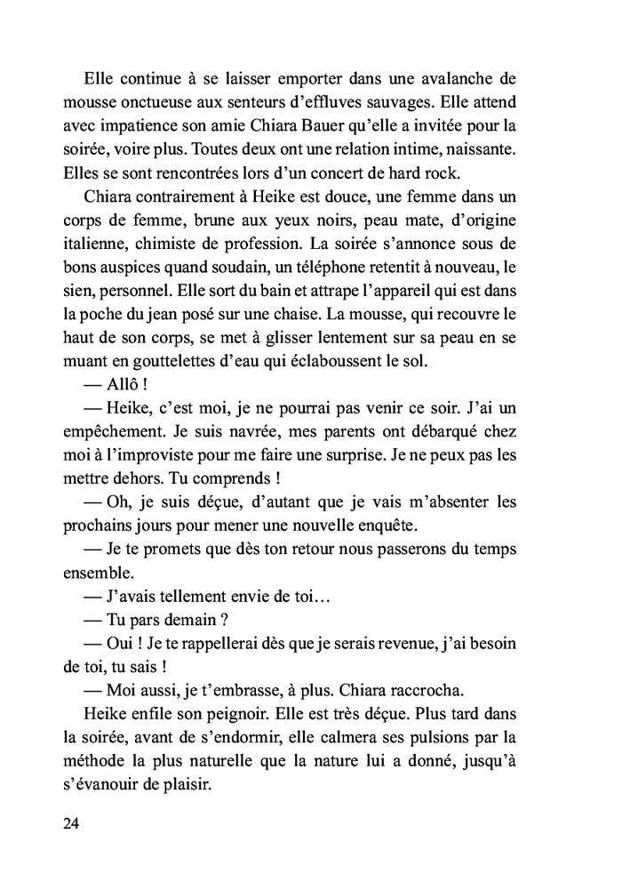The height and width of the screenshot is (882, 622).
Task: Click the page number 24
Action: [72, 822]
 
